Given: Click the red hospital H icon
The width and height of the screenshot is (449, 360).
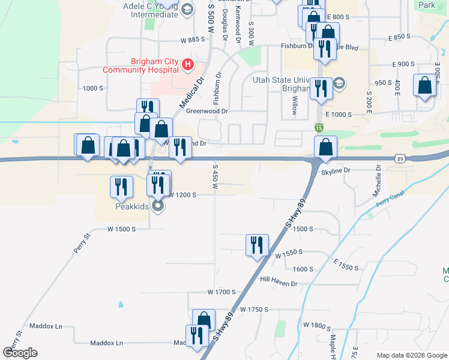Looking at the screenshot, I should [188, 64].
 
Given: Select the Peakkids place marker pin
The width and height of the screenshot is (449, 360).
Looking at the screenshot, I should [158, 206].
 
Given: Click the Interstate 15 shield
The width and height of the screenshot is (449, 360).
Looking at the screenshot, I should [318, 128].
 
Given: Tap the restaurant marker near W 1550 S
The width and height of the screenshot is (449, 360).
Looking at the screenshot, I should [257, 245].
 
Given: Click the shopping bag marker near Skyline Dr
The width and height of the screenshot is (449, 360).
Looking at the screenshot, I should [325, 147].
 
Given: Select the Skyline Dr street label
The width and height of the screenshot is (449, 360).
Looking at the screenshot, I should [336, 171].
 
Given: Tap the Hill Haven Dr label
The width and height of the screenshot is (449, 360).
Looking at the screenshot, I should [279, 279].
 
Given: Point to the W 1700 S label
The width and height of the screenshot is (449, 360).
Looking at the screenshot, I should [221, 292].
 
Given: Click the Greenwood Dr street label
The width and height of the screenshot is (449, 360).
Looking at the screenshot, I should [207, 111].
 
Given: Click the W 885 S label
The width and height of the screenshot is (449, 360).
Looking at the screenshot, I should [193, 40].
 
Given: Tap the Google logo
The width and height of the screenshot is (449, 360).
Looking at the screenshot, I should [20, 353].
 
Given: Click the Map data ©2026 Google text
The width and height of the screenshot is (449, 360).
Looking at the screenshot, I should [411, 355].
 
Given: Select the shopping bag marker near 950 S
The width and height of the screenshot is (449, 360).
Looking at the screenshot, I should [424, 85].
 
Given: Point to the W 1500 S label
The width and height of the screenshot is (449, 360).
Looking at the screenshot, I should [122, 229].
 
